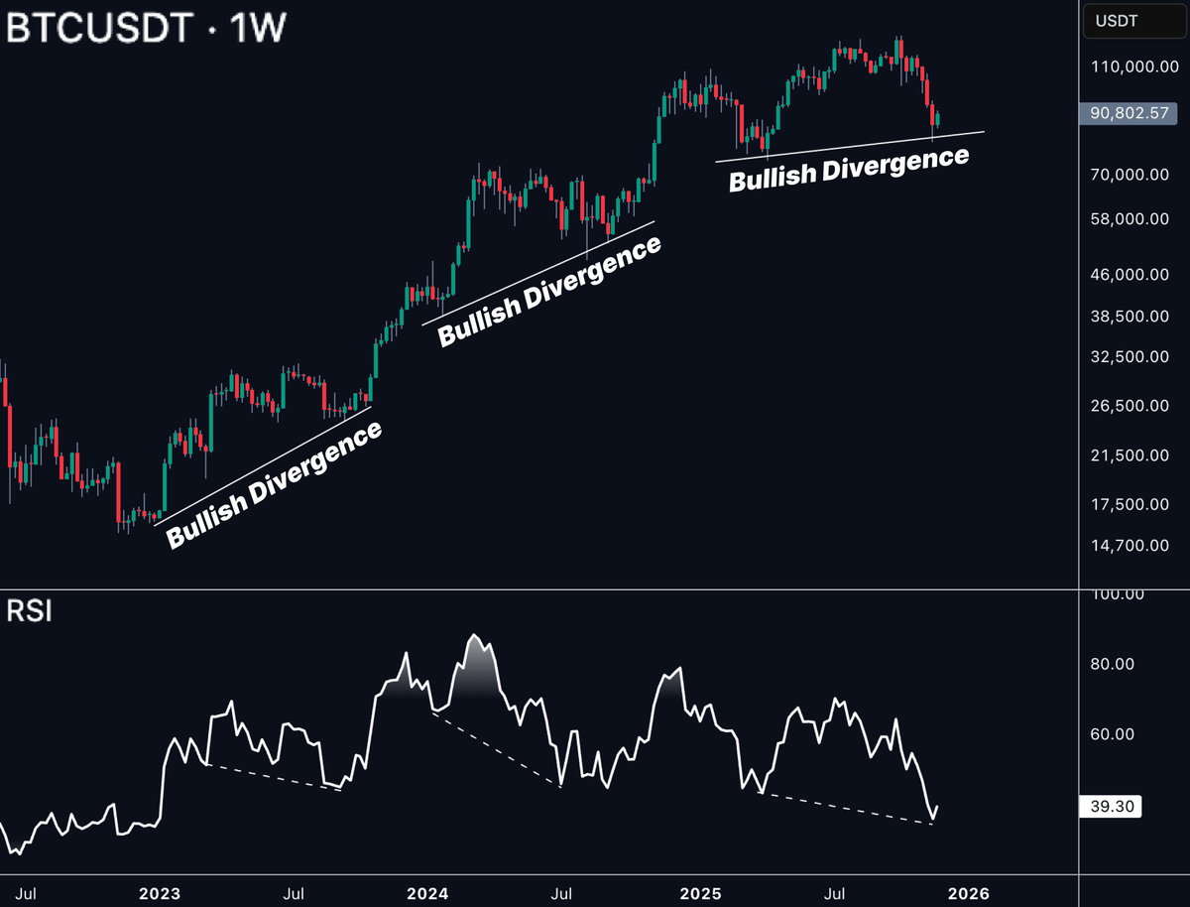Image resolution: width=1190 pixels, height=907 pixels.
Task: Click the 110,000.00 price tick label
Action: pos(1128,67)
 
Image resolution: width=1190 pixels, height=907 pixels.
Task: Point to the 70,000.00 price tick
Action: pos(1128,175)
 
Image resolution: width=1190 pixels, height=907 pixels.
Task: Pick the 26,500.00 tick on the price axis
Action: pos(1128,406)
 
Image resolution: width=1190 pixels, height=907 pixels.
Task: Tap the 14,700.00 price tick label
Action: pos(1128,545)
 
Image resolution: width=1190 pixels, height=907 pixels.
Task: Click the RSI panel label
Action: pos(30,610)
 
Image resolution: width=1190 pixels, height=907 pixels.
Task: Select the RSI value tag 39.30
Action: pos(1110,808)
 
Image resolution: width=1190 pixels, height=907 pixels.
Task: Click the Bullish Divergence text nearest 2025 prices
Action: pos(849,170)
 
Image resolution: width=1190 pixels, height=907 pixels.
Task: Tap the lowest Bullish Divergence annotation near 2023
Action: pos(274,485)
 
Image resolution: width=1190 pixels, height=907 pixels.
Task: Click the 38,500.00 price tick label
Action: pos(1128,317)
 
